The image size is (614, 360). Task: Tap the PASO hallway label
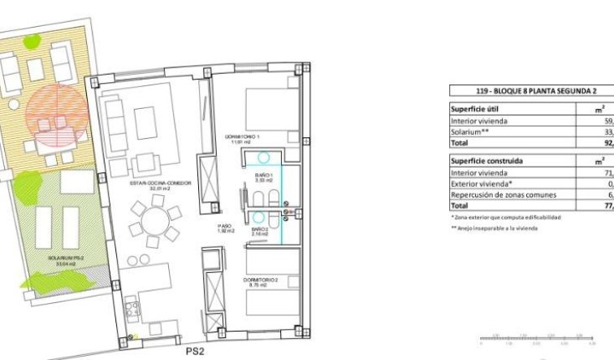pyautogui.click(x=226, y=228)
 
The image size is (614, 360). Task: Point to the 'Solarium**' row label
pyautogui.click(x=470, y=131)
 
